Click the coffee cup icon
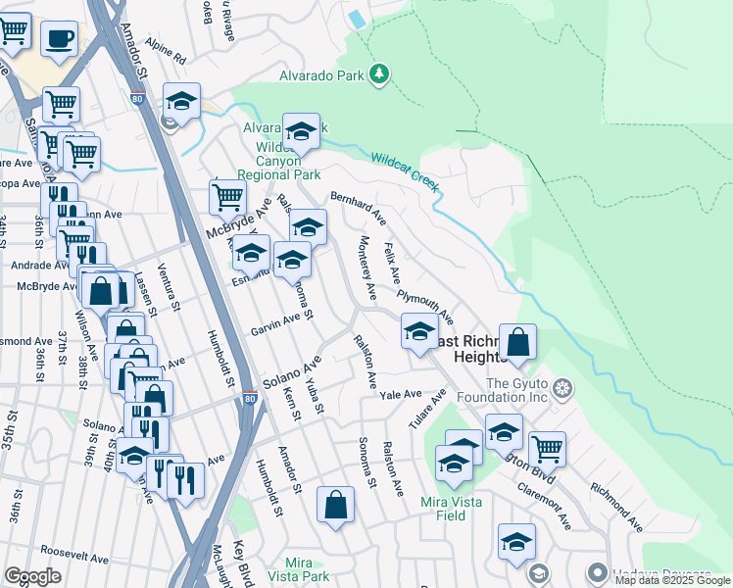click(60, 39)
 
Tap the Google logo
click(31, 576)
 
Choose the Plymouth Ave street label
click(425, 305)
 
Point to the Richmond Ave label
click(615, 506)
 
